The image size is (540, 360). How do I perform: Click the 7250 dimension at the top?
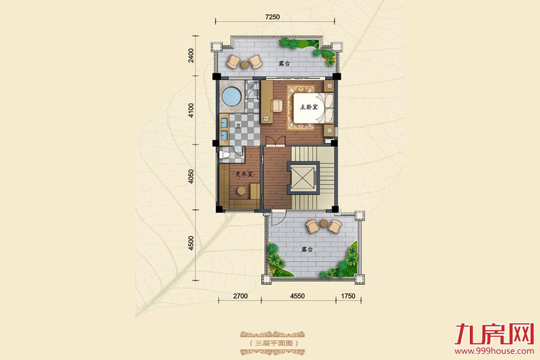273,17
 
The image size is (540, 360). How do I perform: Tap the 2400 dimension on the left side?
191,56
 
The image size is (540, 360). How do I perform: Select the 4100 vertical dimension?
191,111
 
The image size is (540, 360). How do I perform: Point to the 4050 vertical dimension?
191,176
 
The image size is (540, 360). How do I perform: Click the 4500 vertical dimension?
191,243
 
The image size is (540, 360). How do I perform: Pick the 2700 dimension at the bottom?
240,296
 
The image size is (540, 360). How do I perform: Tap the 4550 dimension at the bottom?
297,296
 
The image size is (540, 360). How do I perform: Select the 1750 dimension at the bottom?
348,296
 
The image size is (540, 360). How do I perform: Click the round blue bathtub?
232,97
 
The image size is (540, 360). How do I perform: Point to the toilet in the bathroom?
224,154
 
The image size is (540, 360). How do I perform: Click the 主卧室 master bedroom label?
308,107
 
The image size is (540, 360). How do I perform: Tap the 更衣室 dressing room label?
244,174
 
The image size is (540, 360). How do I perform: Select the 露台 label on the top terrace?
284,64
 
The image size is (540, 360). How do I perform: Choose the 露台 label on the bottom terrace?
307,249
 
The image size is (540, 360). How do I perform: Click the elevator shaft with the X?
303,177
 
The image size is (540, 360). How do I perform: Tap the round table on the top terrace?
245,64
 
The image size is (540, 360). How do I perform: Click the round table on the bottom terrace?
323,223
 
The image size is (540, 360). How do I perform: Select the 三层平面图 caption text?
273,343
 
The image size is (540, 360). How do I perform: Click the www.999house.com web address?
494,351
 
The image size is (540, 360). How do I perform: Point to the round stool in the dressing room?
241,191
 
